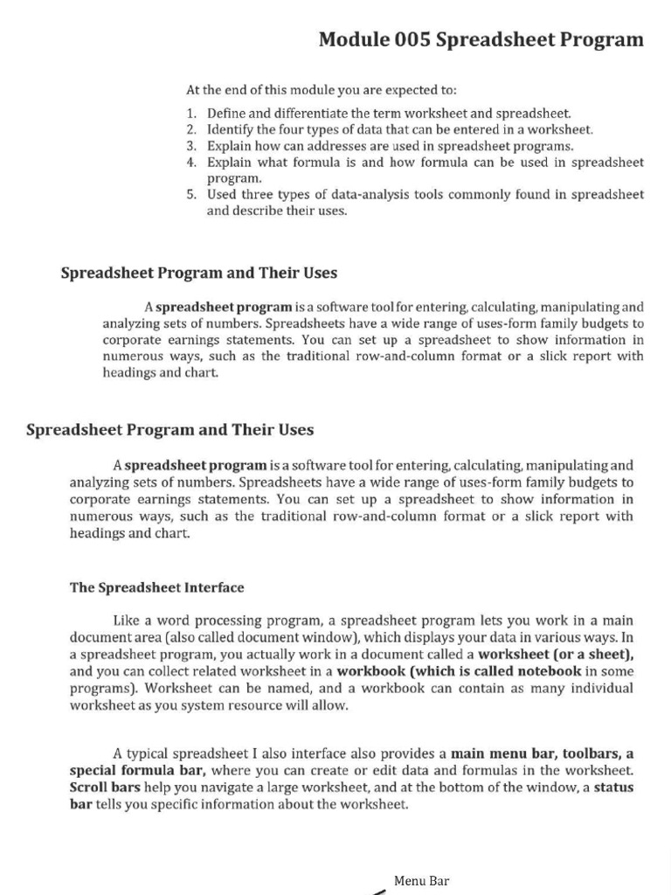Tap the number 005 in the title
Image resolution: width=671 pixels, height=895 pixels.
point(411,39)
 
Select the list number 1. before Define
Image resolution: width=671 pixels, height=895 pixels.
point(192,114)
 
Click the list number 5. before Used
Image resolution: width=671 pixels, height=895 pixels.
point(192,195)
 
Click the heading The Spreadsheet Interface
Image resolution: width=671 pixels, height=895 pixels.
point(157,587)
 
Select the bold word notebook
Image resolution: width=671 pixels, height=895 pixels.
point(547,671)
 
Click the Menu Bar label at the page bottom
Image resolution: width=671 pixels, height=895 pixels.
point(421,881)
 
